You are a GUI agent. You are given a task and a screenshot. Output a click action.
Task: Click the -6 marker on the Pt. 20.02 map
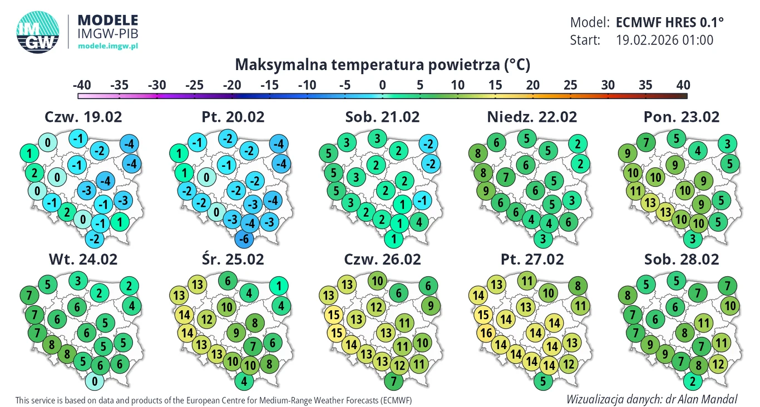[242, 239]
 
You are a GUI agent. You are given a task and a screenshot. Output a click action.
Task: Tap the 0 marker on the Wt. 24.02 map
[95, 381]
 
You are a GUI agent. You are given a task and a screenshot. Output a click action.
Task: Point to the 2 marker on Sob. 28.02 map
[692, 381]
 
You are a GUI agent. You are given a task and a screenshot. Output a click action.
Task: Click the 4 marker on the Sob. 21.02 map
[418, 222]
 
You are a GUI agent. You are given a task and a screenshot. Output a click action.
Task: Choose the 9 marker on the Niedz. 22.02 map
[485, 191]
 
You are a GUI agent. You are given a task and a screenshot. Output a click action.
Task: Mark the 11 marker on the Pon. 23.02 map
[634, 191]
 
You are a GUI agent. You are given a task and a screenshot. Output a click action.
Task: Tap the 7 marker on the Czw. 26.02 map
[394, 381]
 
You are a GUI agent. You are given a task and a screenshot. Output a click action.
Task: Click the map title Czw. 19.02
[83, 117]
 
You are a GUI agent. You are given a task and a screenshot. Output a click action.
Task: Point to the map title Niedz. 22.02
[532, 117]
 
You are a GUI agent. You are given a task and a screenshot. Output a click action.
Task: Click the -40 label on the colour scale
[82, 85]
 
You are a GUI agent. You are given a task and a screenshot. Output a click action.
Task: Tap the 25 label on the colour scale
[570, 85]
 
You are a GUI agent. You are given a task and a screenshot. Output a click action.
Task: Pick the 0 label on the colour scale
[382, 85]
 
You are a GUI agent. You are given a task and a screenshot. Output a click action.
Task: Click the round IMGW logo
[38, 33]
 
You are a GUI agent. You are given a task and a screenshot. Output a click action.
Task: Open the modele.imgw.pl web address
[108, 46]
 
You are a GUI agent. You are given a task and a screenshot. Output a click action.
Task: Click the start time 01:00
[695, 40]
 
